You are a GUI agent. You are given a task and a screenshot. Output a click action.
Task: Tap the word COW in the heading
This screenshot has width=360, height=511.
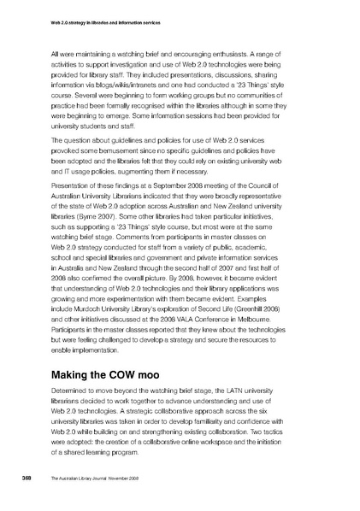click(132, 375)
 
